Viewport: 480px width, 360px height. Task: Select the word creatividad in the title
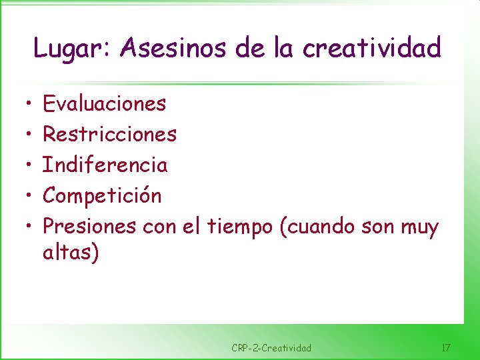coord(372,48)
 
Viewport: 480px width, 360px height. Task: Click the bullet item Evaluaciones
coord(105,103)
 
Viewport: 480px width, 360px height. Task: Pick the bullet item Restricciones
coord(110,134)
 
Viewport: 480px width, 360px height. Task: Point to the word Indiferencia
coord(105,165)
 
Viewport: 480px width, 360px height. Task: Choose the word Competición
coord(102,196)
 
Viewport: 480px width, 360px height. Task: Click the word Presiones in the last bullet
coord(90,227)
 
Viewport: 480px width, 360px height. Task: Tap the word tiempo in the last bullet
coord(240,227)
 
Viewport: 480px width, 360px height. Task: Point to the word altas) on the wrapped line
coord(71,253)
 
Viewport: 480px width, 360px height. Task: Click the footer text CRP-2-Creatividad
coord(271,348)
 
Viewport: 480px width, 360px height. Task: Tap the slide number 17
coord(446,348)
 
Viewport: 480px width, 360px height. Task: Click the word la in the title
coord(287,48)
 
